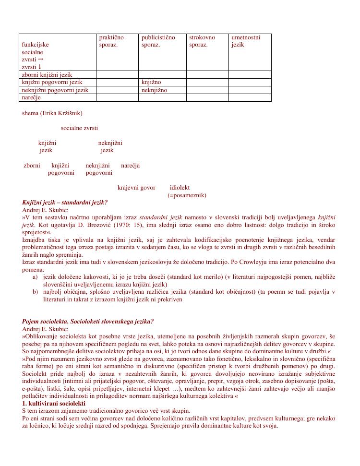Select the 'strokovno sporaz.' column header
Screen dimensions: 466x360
202,41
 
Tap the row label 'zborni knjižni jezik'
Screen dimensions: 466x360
47,75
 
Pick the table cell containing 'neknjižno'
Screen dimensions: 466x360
154,90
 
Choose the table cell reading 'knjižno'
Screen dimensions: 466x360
151,83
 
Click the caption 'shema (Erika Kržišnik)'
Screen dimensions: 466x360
52,113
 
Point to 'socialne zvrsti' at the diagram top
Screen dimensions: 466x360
79,128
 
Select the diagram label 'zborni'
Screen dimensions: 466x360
32,166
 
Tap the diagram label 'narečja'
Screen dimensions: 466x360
130,166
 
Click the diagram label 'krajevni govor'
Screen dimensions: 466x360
136,188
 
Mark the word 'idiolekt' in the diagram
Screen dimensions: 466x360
180,188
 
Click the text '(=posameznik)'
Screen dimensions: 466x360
187,195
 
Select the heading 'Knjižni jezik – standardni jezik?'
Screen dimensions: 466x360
65,203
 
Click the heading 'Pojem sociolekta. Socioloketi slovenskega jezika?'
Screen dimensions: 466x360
88,322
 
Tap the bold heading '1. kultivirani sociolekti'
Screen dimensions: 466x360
54,404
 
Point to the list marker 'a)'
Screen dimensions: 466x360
35,277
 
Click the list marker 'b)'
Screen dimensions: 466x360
35,292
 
